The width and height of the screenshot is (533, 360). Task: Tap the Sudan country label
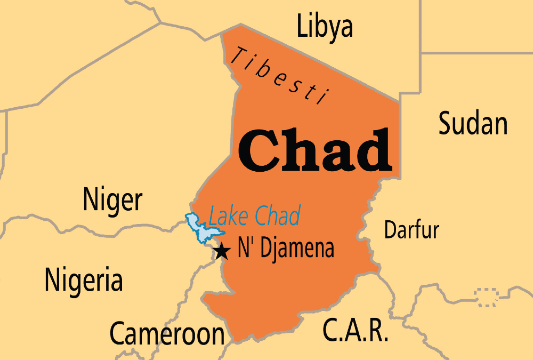(473, 124)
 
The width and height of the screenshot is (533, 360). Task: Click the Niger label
(112, 201)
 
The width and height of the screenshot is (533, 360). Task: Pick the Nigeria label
(84, 279)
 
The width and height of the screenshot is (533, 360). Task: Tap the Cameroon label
(167, 333)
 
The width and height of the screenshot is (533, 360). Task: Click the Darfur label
(411, 230)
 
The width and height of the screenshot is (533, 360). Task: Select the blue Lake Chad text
(254, 215)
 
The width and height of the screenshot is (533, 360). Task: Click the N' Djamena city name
(286, 249)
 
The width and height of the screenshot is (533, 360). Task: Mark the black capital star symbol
(221, 251)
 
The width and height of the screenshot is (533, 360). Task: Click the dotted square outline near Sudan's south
(487, 297)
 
